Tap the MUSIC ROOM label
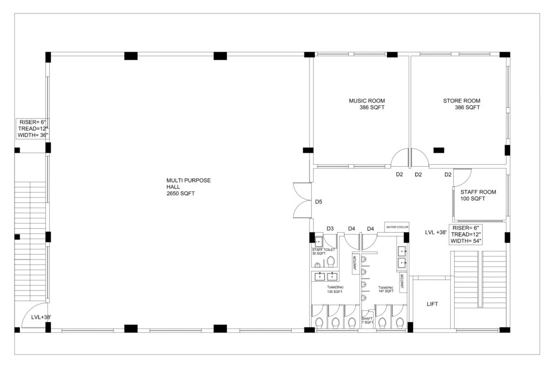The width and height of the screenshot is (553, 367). [367, 101]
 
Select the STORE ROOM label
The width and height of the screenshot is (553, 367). [462, 101]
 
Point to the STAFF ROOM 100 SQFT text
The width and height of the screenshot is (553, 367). [478, 195]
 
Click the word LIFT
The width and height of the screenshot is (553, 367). [432, 304]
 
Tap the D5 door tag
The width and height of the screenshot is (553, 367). [319, 202]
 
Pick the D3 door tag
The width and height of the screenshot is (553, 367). [330, 228]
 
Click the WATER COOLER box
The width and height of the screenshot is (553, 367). [397, 227]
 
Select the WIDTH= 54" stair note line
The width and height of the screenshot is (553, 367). [466, 241]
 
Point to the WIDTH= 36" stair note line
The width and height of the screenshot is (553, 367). [33, 135]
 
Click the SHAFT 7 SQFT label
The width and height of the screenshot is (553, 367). [367, 321]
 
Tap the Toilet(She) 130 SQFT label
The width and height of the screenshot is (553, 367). [335, 289]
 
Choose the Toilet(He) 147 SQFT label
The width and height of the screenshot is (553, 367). [386, 289]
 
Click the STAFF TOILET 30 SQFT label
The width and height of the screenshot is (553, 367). [323, 252]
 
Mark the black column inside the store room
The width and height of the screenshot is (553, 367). [439, 150]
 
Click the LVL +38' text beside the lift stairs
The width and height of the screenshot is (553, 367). [436, 232]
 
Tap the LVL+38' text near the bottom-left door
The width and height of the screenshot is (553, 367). [41, 317]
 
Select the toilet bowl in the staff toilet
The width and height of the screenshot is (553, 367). [331, 262]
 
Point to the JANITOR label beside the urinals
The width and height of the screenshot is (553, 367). [355, 263]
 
